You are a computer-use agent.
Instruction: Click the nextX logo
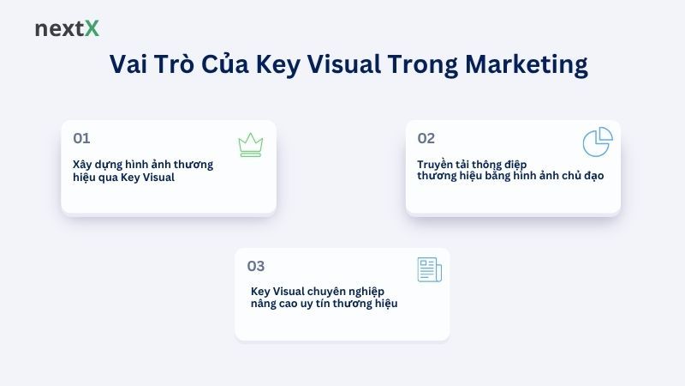click(x=67, y=28)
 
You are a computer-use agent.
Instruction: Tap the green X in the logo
click(x=92, y=28)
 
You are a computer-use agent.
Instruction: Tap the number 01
click(x=81, y=138)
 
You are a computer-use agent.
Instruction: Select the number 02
click(x=426, y=138)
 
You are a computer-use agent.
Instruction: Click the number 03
click(x=256, y=266)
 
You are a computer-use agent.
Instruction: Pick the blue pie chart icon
click(x=597, y=142)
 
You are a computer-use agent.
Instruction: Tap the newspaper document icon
click(x=429, y=269)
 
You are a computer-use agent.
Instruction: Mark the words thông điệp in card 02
click(x=505, y=163)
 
